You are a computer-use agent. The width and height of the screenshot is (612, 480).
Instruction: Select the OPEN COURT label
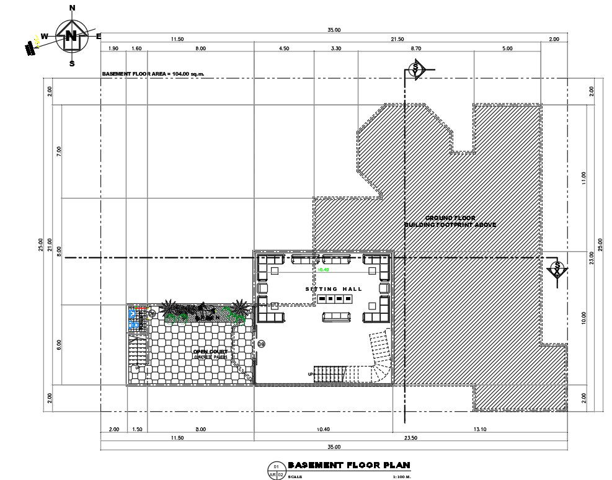click(210, 352)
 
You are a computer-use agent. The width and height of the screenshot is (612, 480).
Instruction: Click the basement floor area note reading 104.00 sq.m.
click(153, 74)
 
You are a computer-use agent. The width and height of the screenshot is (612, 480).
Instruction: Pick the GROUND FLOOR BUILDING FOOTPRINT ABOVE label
click(450, 221)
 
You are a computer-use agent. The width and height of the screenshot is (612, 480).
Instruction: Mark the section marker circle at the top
click(416, 69)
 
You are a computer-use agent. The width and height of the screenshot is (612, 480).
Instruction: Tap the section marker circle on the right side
click(557, 269)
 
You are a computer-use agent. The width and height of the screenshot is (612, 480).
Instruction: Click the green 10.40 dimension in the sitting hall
click(323, 270)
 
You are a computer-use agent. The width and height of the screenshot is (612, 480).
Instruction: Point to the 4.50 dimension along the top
click(283, 48)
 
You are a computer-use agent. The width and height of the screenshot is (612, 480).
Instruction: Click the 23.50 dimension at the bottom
click(410, 438)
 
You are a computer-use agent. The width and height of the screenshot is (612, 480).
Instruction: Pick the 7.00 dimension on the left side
click(59, 151)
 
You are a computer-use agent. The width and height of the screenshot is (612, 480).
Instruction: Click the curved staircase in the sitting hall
click(379, 357)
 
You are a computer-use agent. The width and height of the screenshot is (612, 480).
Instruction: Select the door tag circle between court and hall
click(261, 344)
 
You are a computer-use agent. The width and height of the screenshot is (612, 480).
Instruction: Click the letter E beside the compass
click(99, 36)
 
